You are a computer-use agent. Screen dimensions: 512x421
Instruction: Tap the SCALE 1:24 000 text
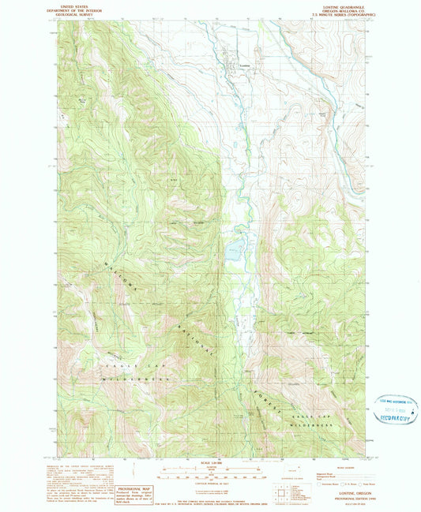point(210,462)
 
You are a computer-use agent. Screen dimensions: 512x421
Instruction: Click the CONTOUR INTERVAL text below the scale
point(210,484)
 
